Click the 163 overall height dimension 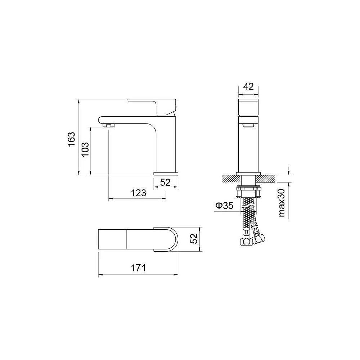[71, 139]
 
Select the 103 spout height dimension [85, 149]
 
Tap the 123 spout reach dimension [139, 193]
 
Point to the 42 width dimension [248, 86]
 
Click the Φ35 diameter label [224, 206]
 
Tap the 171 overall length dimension [138, 268]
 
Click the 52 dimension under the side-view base [165, 182]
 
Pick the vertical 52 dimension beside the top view [194, 239]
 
